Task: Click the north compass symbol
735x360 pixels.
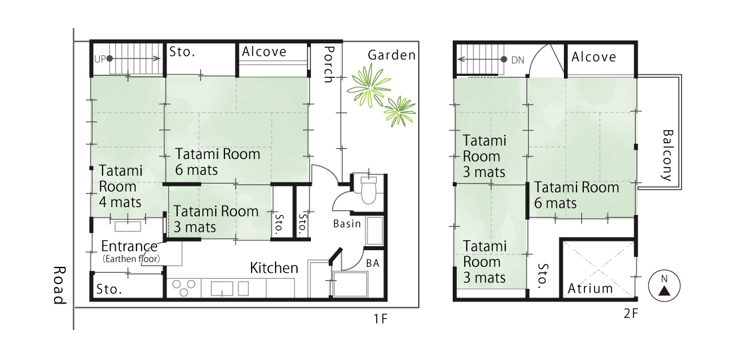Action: [664, 286]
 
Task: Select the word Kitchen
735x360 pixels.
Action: [274, 268]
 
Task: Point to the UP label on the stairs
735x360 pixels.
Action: [99, 59]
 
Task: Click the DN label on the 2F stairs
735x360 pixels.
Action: [517, 59]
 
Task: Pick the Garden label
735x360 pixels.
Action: [391, 55]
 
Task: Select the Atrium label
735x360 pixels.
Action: [590, 288]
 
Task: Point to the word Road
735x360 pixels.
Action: [59, 285]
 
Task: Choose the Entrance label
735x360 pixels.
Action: [129, 247]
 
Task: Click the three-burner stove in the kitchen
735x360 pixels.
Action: [183, 287]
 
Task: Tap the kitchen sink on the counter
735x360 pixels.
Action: [222, 288]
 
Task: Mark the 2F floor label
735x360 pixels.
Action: [630, 313]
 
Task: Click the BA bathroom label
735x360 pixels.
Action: [373, 264]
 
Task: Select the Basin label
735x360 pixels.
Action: [348, 224]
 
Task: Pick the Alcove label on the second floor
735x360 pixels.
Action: [593, 57]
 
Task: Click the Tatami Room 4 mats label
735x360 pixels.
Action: [121, 186]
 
